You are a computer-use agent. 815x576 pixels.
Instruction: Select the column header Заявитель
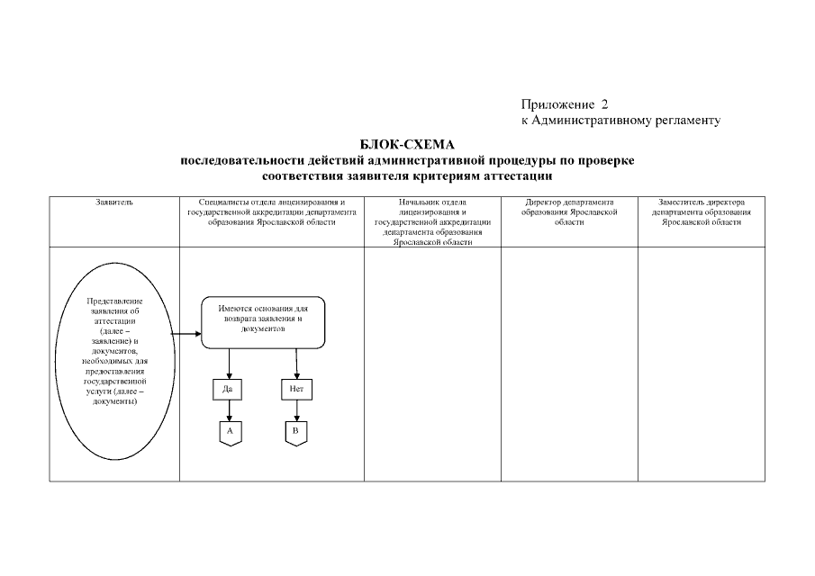114,202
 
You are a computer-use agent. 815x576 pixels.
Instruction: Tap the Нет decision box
296,390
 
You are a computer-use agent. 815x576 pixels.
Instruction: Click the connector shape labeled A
230,433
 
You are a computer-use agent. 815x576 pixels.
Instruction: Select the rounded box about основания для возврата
262,322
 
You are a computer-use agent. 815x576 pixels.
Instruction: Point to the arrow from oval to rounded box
186,334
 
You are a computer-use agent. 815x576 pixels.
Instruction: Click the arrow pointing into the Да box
230,364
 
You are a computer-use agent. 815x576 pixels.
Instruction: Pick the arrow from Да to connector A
230,411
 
